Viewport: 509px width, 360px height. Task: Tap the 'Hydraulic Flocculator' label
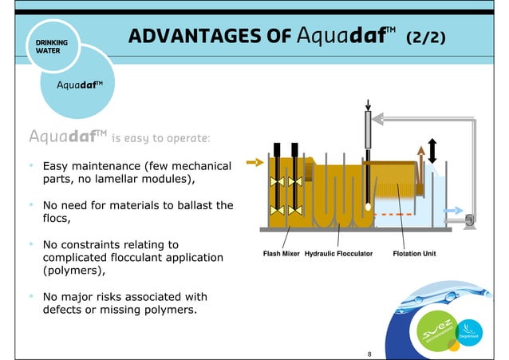(x=339, y=255)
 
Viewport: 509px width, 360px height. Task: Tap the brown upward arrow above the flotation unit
(x=421, y=156)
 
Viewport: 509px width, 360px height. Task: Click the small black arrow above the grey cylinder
(x=368, y=105)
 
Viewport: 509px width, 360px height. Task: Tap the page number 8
(x=369, y=352)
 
